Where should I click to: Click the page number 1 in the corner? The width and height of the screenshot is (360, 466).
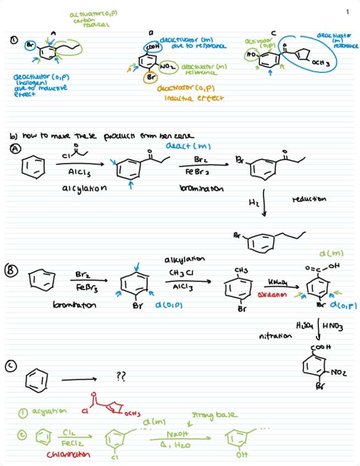tap(348, 12)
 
